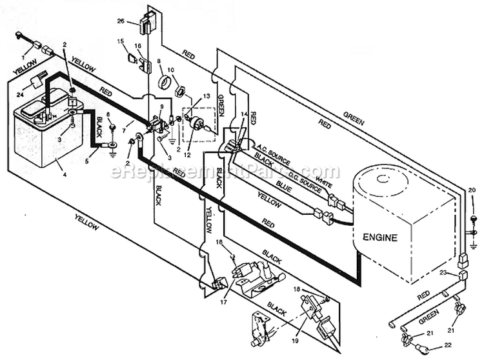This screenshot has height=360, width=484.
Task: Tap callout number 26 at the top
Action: click(120, 21)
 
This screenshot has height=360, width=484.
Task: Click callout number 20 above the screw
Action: click(472, 190)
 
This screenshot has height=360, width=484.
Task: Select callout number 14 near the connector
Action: click(243, 114)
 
